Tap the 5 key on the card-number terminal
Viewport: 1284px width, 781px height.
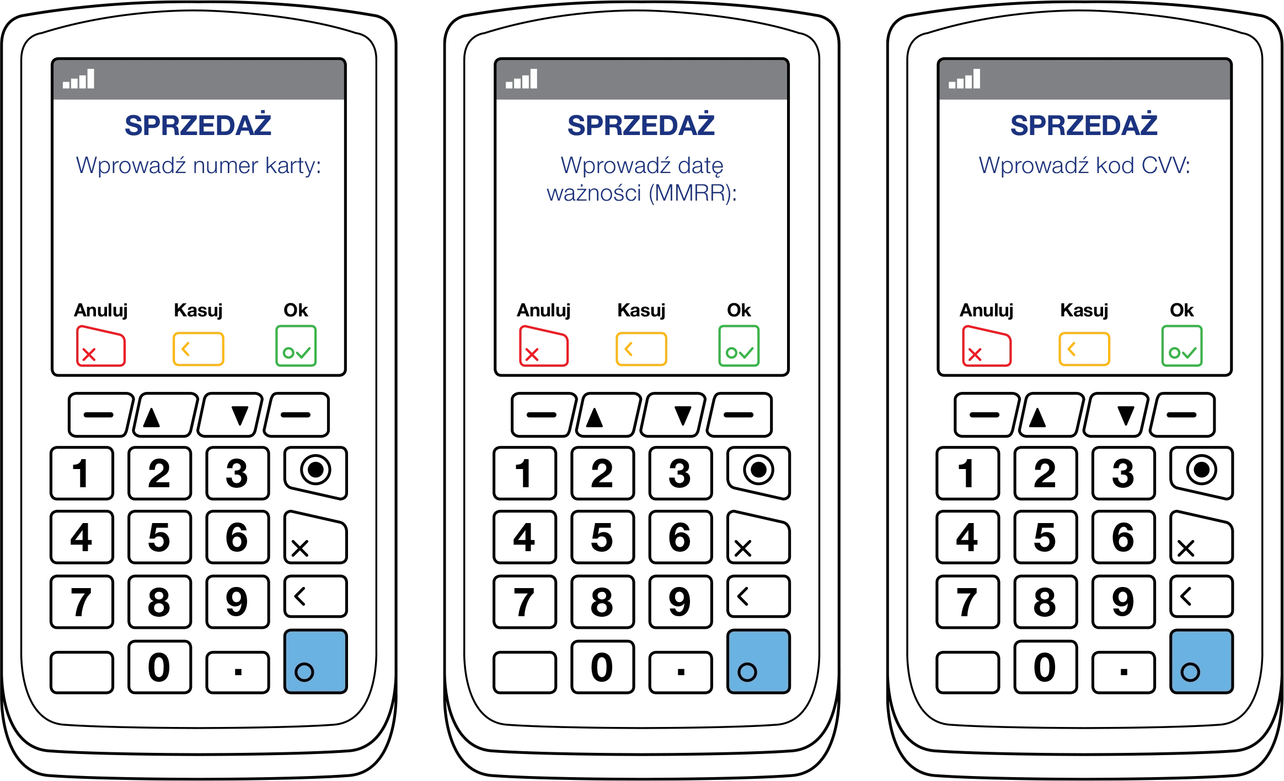coord(159,537)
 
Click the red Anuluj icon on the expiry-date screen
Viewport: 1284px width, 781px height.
coord(543,346)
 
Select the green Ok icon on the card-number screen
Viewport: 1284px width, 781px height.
coord(296,346)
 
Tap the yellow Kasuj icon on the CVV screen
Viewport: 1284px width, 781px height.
coord(1084,349)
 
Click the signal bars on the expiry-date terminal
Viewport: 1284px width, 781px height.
coord(522,79)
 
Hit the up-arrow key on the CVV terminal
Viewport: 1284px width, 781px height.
coord(1052,415)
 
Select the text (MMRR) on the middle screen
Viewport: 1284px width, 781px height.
coord(692,193)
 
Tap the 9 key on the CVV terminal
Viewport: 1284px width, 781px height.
coord(1123,601)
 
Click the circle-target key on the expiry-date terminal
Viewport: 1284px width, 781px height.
coord(759,472)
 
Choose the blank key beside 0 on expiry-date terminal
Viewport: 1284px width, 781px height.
coord(525,672)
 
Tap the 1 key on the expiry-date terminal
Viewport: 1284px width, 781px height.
coord(525,473)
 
